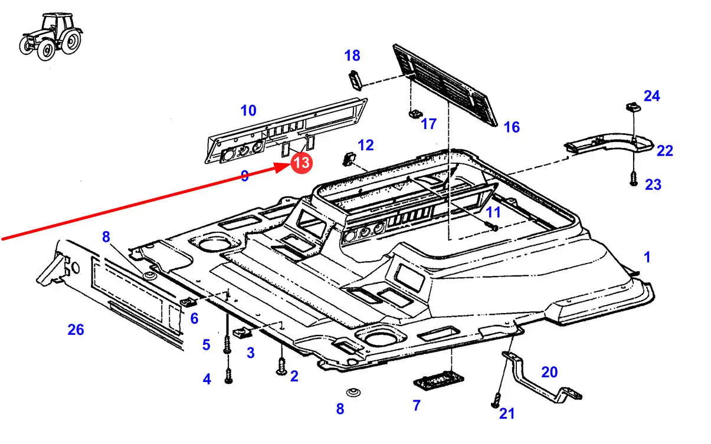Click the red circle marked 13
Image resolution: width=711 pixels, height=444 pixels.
pyautogui.click(x=301, y=163)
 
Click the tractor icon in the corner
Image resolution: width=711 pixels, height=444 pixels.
pyautogui.click(x=51, y=37)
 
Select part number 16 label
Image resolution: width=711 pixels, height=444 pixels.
pyautogui.click(x=512, y=127)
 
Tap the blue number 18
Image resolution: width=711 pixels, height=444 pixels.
pyautogui.click(x=352, y=56)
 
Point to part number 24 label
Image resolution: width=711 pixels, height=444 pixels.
pyautogui.click(x=652, y=96)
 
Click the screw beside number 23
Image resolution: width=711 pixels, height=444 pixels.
pyautogui.click(x=634, y=178)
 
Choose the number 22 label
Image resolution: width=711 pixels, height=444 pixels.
pyautogui.click(x=664, y=151)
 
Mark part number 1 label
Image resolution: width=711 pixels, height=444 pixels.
pyautogui.click(x=647, y=257)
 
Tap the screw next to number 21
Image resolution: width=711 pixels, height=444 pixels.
pyautogui.click(x=496, y=401)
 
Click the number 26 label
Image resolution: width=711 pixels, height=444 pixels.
pyautogui.click(x=76, y=330)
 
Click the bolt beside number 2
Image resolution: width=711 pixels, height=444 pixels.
pyautogui.click(x=281, y=366)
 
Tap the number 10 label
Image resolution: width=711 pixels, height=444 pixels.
pyautogui.click(x=248, y=110)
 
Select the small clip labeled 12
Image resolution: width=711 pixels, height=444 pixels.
pyautogui.click(x=349, y=159)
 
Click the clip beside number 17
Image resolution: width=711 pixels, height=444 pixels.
pyautogui.click(x=415, y=111)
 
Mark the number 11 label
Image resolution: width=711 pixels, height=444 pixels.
pyautogui.click(x=493, y=212)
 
